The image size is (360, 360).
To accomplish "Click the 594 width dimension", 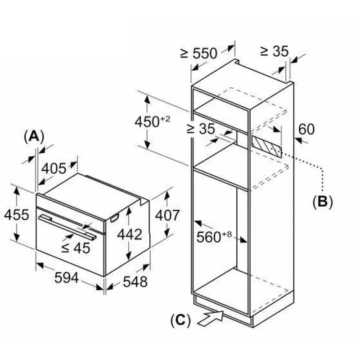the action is [67, 278].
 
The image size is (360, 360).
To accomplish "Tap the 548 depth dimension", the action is [135, 282].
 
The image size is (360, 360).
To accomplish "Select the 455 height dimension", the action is [17, 215].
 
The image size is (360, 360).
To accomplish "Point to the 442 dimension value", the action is [130, 234].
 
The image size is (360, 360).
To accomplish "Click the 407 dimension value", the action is [167, 216].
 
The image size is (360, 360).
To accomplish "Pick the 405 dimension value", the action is [54, 168].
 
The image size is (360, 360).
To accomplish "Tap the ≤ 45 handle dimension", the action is [76, 248].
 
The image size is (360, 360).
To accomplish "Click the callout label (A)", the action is [34, 137].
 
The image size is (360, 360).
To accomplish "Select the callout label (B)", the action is [323, 202].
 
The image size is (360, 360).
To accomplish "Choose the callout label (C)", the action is [181, 320].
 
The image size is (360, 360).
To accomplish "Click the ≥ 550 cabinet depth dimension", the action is [198, 53].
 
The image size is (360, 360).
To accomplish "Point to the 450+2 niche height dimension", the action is [153, 121].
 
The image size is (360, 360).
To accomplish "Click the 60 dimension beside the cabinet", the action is [306, 129].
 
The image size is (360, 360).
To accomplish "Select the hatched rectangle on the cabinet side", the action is [266, 145].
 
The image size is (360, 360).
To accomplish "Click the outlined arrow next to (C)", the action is [211, 318].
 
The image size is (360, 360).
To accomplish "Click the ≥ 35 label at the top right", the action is [274, 51].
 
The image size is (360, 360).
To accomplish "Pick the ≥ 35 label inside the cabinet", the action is [201, 129].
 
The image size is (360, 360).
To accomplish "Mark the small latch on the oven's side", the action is [115, 218].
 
